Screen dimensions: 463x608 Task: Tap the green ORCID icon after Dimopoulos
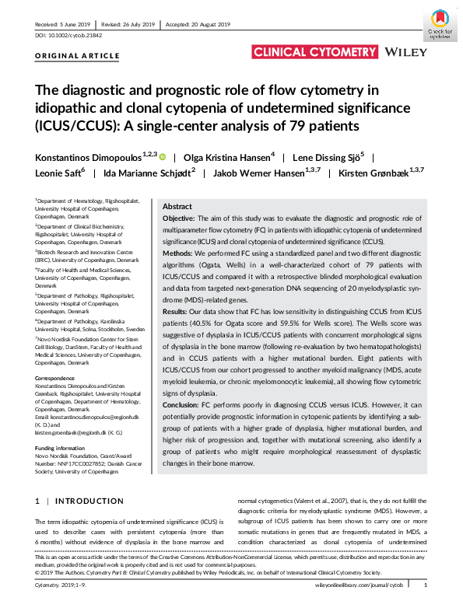[x=163, y=156]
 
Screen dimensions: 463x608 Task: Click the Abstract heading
[x=177, y=208]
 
